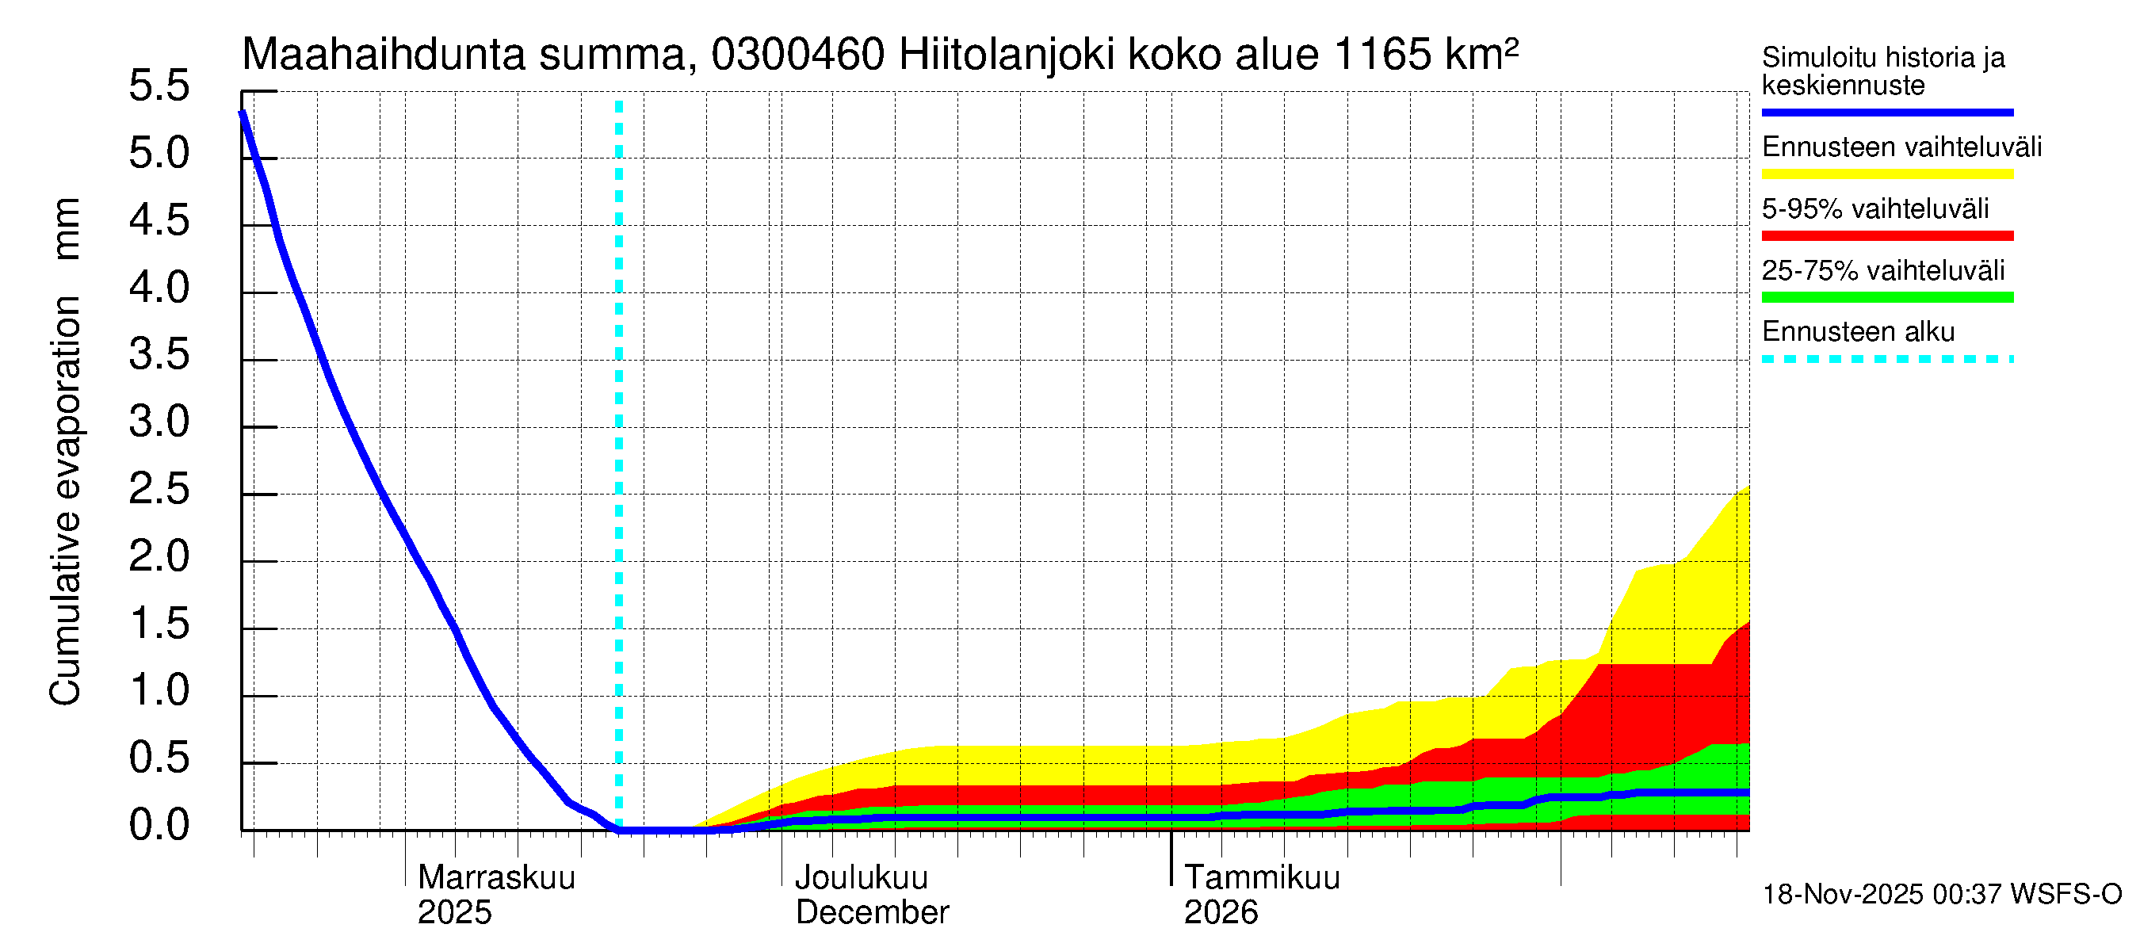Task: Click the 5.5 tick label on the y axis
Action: (159, 86)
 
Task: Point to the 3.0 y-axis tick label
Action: (159, 422)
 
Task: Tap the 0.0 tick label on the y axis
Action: (159, 826)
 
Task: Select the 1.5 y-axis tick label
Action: (159, 624)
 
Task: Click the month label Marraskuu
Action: (496, 878)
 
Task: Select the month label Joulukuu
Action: (862, 878)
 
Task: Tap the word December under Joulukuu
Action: (871, 913)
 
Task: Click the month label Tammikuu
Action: (1261, 878)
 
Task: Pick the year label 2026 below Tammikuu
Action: (1220, 913)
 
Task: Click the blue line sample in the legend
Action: (1886, 112)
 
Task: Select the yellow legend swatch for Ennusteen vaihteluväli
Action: (1886, 174)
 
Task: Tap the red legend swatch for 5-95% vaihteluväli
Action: (1886, 236)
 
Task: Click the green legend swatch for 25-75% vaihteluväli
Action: (1886, 297)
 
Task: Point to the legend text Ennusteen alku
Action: (1858, 332)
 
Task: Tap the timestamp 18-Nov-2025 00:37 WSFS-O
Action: (1941, 895)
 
